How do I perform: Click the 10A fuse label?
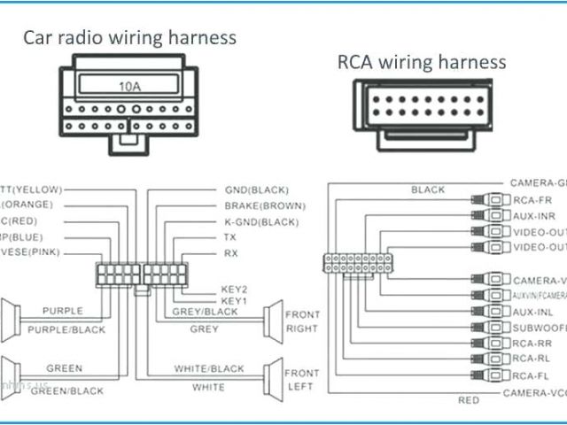point(128,87)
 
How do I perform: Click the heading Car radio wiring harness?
point(129,37)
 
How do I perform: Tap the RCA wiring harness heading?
point(421,61)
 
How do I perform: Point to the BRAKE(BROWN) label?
point(264,205)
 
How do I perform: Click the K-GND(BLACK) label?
point(261,221)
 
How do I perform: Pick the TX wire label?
point(230,237)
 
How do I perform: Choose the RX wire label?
point(230,253)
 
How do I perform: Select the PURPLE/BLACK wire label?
point(66,329)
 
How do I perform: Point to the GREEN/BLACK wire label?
point(63,390)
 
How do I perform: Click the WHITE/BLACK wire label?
point(208,368)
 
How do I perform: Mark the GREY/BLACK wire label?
point(205,312)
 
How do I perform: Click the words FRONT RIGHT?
point(301,321)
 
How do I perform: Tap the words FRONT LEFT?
point(301,381)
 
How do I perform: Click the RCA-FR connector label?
point(533,200)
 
